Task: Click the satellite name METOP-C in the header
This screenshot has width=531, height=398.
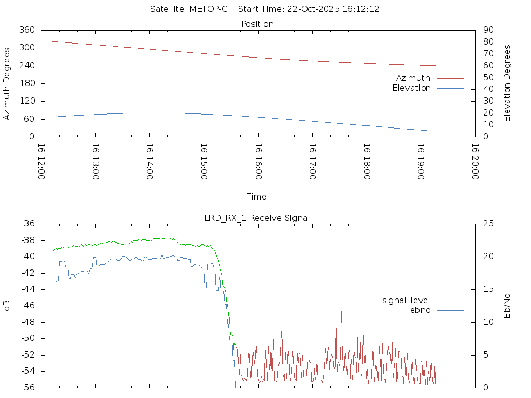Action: [208, 9]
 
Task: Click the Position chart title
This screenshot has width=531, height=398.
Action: [258, 24]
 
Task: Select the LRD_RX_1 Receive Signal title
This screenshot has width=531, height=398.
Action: [257, 218]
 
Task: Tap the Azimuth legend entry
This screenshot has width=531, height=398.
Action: [413, 78]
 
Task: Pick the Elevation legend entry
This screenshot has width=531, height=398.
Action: [411, 88]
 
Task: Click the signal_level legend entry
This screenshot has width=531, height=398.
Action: [406, 301]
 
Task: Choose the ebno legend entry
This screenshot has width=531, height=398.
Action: [420, 310]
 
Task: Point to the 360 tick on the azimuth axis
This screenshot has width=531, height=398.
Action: [27, 30]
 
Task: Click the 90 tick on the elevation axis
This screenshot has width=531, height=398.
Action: [487, 30]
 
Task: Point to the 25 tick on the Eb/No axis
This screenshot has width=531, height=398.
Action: [488, 224]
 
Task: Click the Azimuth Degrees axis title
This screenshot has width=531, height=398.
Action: [7, 83]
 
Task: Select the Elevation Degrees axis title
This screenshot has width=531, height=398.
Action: [507, 83]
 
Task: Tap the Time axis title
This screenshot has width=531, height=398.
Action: [257, 197]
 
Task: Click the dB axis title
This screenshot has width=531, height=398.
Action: [7, 306]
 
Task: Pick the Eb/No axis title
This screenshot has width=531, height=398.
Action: [507, 306]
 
